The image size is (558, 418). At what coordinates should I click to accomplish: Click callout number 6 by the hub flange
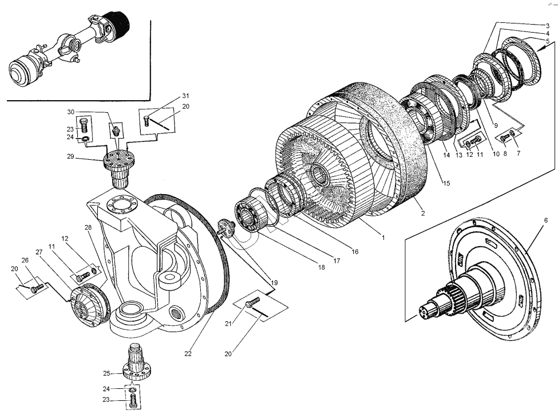click(546, 220)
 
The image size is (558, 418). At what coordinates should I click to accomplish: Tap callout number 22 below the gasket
click(188, 353)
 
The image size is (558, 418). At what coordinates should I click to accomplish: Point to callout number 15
click(446, 183)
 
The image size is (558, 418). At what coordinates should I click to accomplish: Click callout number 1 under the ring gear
click(383, 236)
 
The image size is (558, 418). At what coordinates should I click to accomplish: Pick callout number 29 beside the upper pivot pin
click(70, 156)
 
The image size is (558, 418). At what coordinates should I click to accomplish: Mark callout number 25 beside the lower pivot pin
click(106, 373)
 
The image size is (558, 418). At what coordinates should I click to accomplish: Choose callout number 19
click(274, 283)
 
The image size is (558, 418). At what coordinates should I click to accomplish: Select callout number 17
click(337, 261)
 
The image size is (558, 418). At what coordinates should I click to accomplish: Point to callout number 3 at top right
click(547, 26)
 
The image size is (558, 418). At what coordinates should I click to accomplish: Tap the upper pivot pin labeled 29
click(118, 168)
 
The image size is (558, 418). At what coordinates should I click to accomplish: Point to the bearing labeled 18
click(250, 216)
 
